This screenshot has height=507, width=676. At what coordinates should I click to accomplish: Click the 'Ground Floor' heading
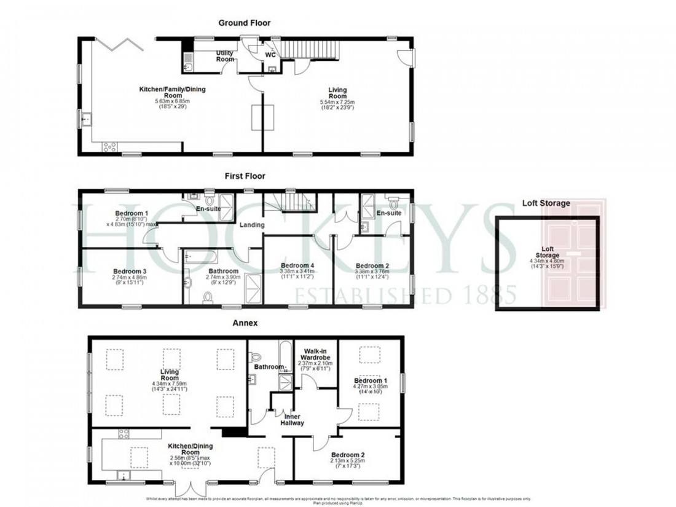click(x=245, y=23)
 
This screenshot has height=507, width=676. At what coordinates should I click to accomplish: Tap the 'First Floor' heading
click(x=245, y=176)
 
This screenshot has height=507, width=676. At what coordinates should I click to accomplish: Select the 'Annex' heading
click(x=245, y=322)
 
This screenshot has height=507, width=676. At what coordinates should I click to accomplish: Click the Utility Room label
click(x=225, y=57)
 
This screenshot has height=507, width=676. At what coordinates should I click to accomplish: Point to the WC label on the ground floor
click(x=270, y=55)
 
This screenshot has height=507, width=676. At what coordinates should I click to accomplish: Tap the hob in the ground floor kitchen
click(x=109, y=146)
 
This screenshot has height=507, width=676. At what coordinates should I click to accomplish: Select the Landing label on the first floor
click(x=252, y=225)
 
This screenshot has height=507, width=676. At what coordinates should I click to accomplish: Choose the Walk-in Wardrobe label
click(x=316, y=355)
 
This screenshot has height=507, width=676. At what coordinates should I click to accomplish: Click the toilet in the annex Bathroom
click(x=257, y=356)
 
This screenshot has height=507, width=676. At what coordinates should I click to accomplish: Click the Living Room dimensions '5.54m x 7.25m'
click(x=337, y=102)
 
